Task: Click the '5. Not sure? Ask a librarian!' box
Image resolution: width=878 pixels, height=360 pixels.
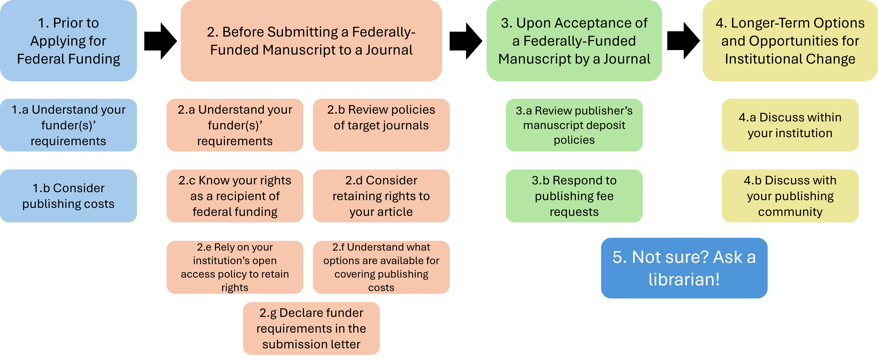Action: (x=684, y=268)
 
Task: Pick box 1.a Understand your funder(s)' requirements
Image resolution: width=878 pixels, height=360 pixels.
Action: (x=68, y=125)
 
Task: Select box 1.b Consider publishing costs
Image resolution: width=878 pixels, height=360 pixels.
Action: (x=68, y=196)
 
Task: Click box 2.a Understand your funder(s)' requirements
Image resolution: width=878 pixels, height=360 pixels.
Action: (x=235, y=125)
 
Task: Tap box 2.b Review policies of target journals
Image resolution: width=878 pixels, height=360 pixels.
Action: (x=381, y=125)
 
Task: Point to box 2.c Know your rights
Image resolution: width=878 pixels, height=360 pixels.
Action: (x=235, y=196)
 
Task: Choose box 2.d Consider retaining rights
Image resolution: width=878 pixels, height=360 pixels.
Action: (x=381, y=196)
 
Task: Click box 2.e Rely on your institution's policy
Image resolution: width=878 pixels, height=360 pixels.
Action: (x=235, y=267)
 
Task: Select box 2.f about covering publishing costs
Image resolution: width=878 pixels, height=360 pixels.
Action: (x=381, y=267)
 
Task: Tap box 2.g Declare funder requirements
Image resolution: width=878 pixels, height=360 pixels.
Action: (x=311, y=328)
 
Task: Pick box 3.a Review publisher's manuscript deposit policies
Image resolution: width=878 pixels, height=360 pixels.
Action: (x=574, y=125)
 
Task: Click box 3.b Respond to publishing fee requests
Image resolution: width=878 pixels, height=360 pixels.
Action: (x=574, y=196)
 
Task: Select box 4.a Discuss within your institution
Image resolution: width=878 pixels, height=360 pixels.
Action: (x=790, y=125)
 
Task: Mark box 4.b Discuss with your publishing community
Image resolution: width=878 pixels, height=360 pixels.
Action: (x=790, y=196)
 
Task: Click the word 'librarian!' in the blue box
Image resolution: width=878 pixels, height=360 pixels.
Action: (x=684, y=279)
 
